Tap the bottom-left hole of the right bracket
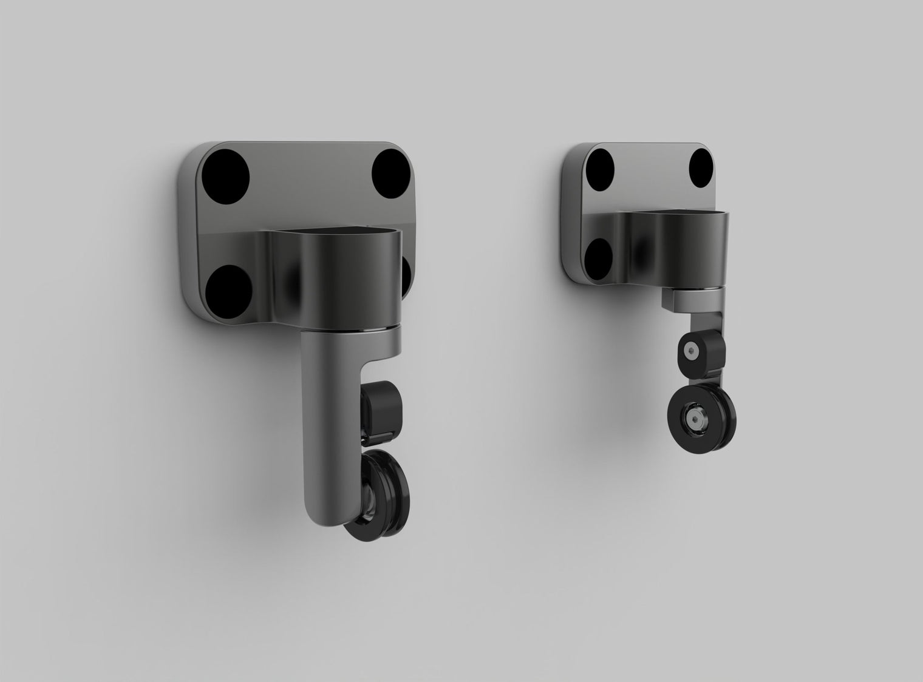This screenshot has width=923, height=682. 598,255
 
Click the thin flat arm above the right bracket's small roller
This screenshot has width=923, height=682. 710,319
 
